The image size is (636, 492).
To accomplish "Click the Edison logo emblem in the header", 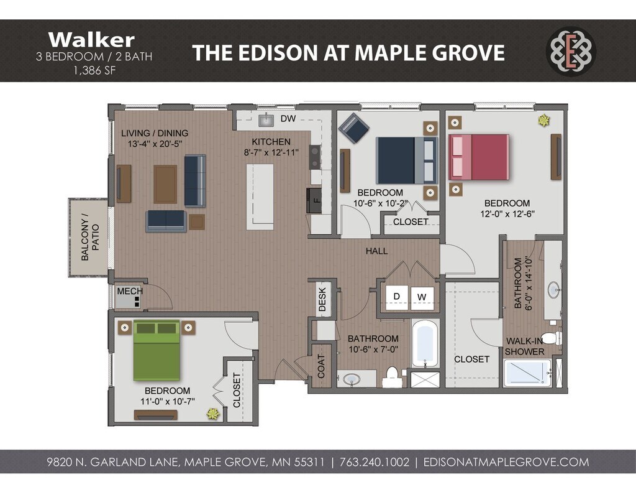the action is [x=571, y=51].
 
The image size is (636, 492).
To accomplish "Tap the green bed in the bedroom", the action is [x=157, y=350].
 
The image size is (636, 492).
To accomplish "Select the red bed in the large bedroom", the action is [x=479, y=157].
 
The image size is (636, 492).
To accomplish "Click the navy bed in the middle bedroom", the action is [x=407, y=160].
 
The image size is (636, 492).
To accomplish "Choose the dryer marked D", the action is [x=396, y=297].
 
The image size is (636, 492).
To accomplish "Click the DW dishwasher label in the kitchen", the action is [x=288, y=119].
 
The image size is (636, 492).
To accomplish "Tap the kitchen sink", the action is [x=267, y=120].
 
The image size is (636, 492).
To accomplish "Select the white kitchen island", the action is [x=260, y=197].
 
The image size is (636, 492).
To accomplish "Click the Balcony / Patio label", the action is [x=90, y=237].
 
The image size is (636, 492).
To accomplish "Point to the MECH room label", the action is [x=130, y=291].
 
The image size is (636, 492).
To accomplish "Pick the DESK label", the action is [x=322, y=299].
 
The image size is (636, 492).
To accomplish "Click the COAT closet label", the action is [x=321, y=366].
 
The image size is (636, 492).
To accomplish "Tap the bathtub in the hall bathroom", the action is [x=425, y=344].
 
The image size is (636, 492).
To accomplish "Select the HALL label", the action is [x=376, y=251].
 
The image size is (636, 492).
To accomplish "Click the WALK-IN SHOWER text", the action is [x=525, y=346].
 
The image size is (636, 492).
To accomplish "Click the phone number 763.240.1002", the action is [x=375, y=462].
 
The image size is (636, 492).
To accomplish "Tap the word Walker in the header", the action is [x=92, y=40].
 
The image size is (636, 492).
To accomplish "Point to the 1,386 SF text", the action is [x=94, y=70].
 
